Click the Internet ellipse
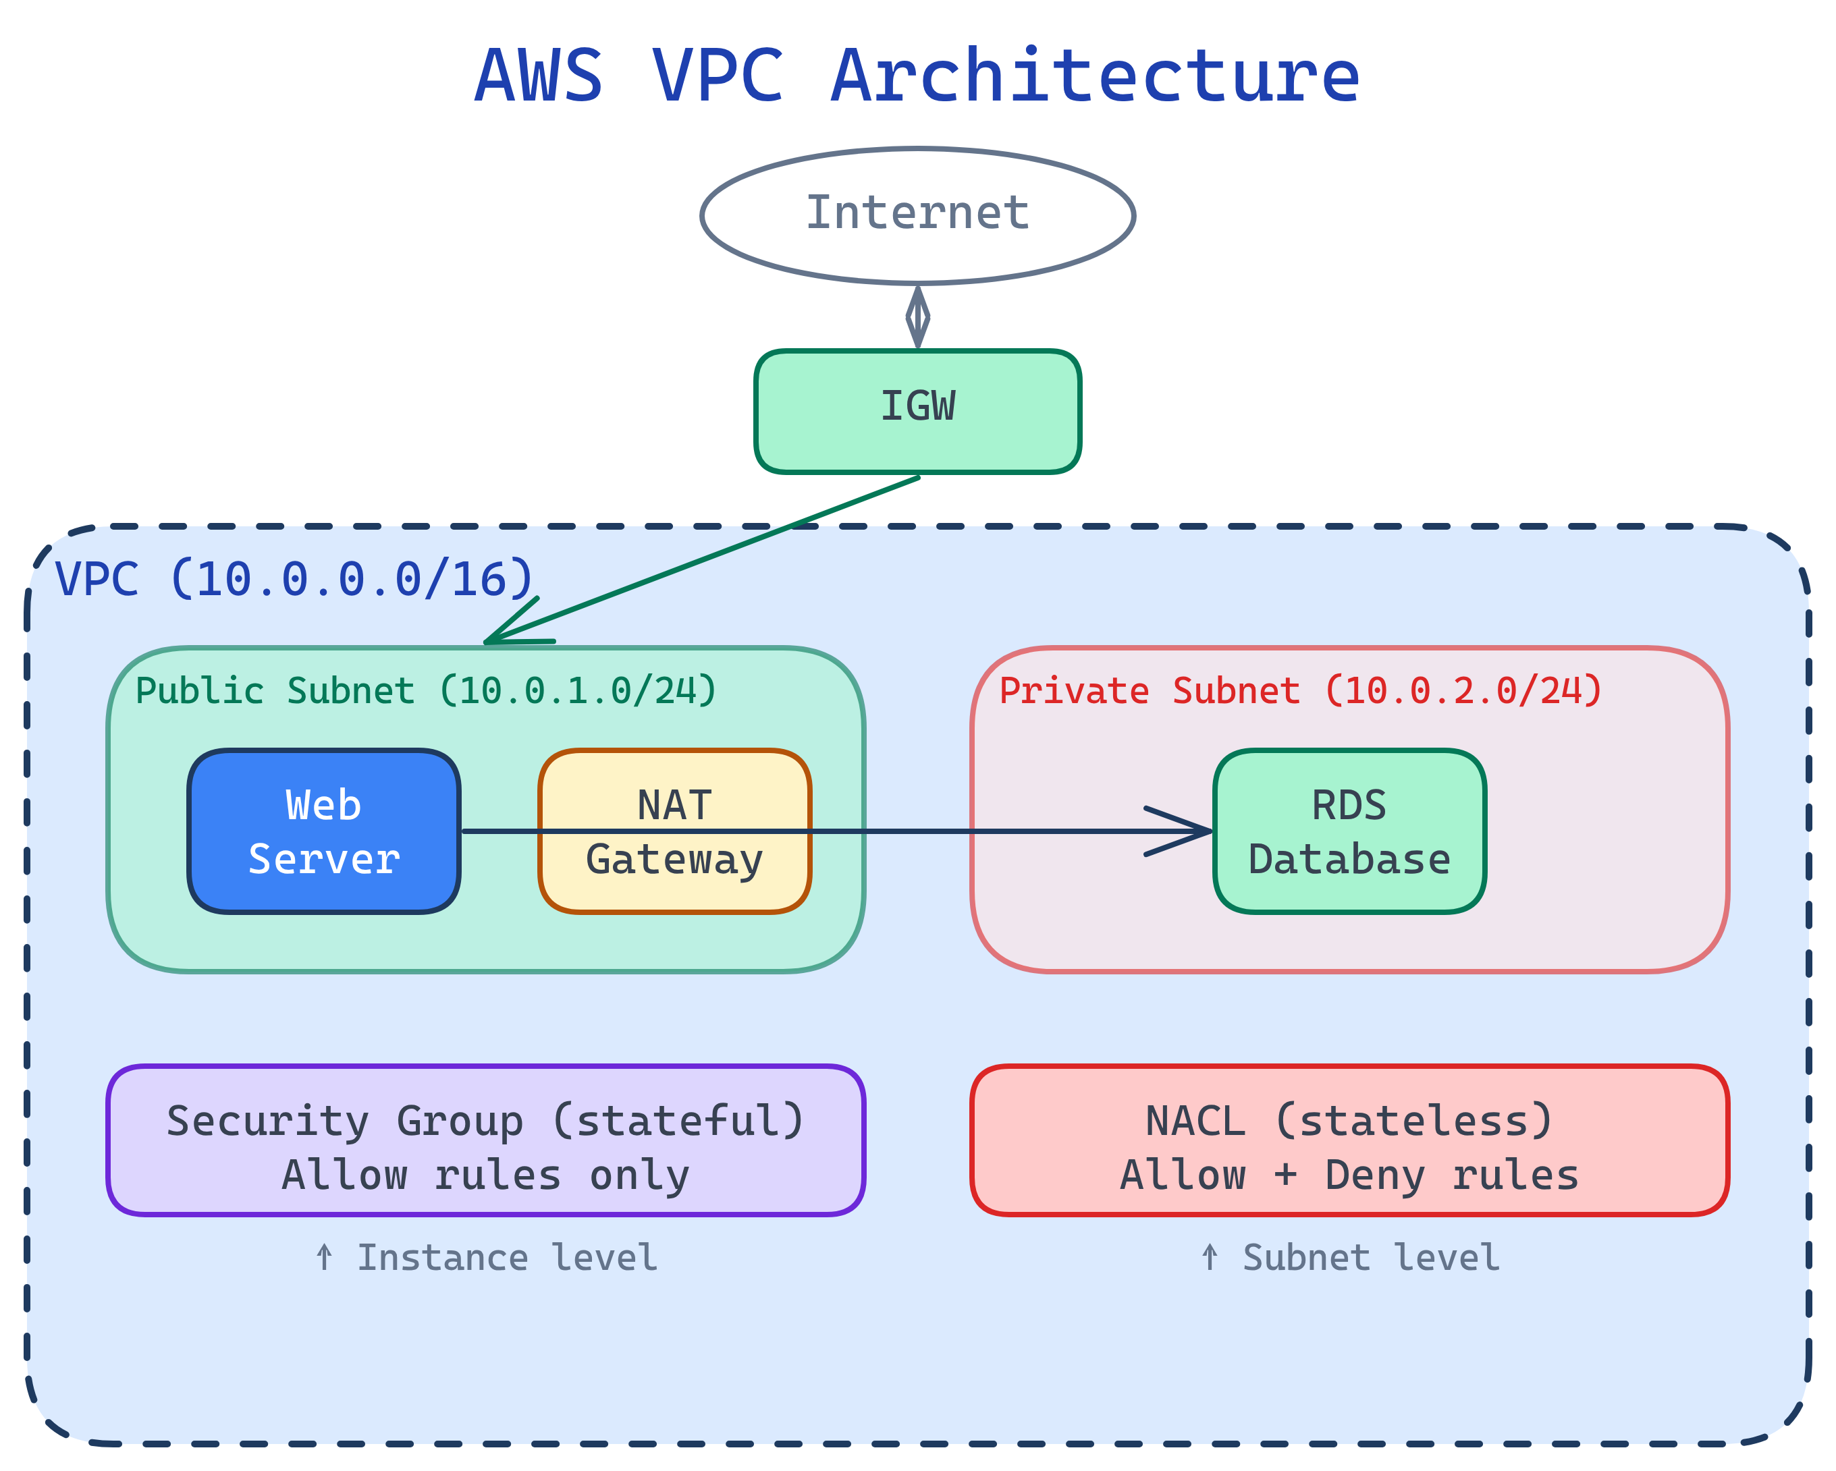[x=917, y=215]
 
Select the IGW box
[x=917, y=411]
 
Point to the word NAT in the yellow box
[x=674, y=805]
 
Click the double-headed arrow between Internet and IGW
[x=917, y=316]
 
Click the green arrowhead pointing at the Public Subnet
[x=511, y=631]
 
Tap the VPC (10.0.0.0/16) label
[x=293, y=580]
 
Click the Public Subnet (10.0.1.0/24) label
[x=426, y=690]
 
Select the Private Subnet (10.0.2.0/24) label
[x=1300, y=690]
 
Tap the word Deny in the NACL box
[x=1374, y=1175]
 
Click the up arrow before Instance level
[x=323, y=1256]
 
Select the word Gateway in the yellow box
[x=674, y=860]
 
